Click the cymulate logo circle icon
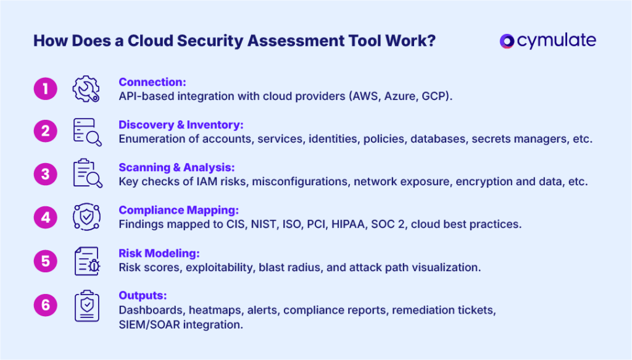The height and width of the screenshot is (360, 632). (507, 41)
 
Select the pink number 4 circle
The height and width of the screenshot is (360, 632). (45, 217)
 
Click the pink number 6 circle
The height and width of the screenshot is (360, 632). (45, 304)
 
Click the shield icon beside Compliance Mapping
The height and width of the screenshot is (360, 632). (86, 217)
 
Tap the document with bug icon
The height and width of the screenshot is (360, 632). (86, 261)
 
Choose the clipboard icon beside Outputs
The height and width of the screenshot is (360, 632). (86, 305)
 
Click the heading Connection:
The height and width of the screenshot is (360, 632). (152, 82)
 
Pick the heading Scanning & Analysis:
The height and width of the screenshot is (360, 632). (177, 167)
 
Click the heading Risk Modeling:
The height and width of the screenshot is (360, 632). (158, 253)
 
